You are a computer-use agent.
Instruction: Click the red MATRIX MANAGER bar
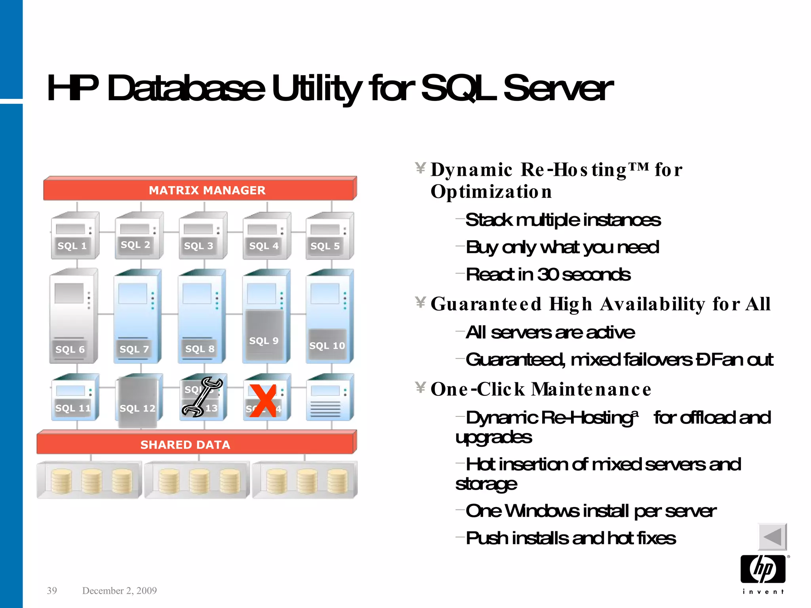pos(200,190)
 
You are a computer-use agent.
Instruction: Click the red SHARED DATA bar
pos(196,443)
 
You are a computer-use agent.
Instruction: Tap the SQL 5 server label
pos(325,246)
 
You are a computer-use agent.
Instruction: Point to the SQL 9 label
pos(264,341)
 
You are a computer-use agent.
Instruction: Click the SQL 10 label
pos(327,346)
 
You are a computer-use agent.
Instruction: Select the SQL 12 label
pos(137,408)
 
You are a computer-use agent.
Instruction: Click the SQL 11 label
pos(73,408)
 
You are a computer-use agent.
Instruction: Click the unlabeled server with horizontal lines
pos(329,398)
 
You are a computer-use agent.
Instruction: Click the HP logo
pos(763,570)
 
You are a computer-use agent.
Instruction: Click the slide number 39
pos(52,591)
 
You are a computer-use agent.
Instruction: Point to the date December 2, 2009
pos(119,591)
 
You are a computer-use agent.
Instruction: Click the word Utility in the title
pos(316,89)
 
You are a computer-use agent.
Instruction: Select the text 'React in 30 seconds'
pos(548,274)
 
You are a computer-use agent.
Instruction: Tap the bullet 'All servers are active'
pos(550,332)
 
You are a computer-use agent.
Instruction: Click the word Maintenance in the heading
pos(591,389)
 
